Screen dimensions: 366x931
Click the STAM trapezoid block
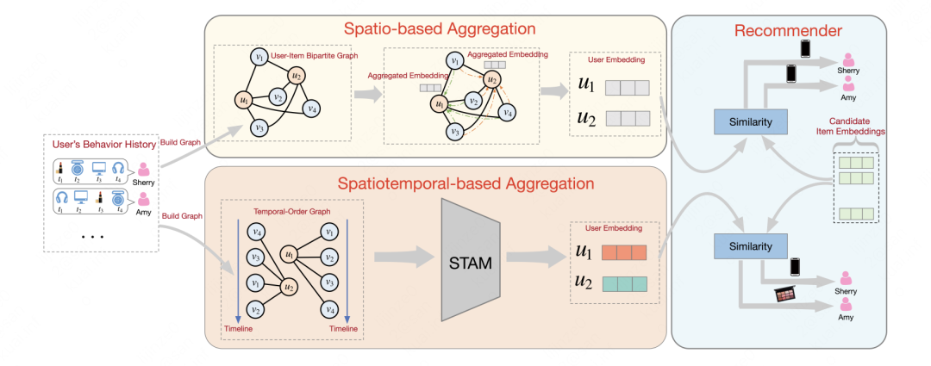tap(471, 262)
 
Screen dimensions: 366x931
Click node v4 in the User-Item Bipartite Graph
tap(313, 109)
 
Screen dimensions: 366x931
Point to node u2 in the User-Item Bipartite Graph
tap(296, 75)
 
